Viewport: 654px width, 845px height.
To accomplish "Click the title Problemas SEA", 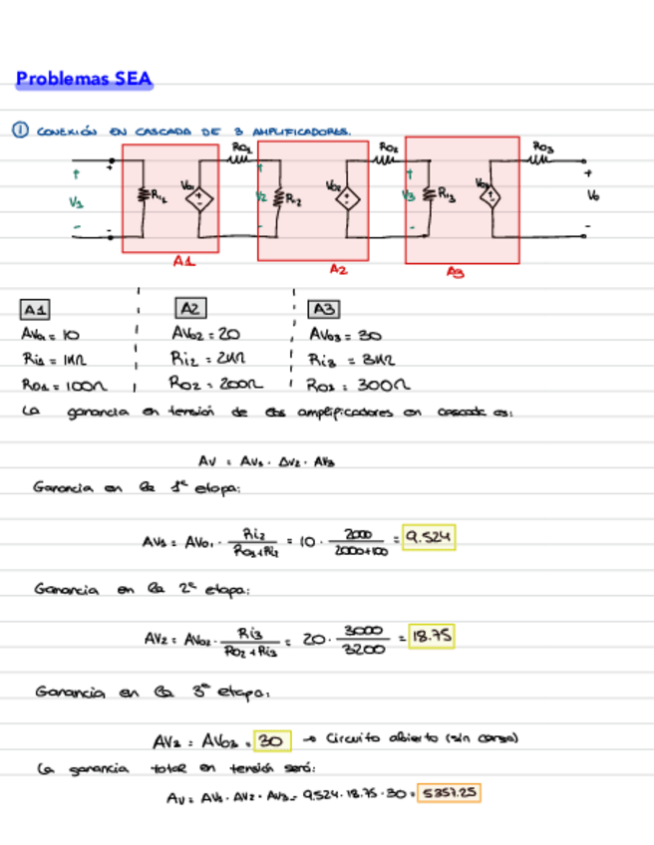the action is (85, 79).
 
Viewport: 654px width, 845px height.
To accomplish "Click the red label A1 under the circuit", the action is (183, 261).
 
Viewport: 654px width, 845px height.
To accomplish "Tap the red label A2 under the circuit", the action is (339, 268).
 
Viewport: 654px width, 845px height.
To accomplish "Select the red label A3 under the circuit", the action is (456, 271).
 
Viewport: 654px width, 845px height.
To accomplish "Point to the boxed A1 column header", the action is (37, 309).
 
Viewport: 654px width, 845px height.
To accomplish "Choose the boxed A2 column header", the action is (190, 308).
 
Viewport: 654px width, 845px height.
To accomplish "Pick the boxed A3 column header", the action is (324, 309).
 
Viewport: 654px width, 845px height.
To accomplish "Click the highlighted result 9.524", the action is (429, 538).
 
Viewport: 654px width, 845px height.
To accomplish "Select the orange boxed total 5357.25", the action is (448, 793).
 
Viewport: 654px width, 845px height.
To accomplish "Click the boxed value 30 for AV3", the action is (272, 740).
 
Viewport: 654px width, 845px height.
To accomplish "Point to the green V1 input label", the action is (76, 202).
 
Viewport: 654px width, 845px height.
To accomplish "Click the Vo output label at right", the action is (594, 196).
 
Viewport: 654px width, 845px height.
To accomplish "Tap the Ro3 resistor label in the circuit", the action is (544, 146).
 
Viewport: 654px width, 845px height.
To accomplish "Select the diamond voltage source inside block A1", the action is (199, 197).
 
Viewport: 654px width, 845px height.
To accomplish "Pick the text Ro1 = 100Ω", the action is (64, 385).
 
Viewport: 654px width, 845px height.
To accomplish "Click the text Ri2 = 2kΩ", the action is (208, 360).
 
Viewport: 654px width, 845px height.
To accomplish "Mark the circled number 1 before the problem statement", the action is (18, 130).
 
